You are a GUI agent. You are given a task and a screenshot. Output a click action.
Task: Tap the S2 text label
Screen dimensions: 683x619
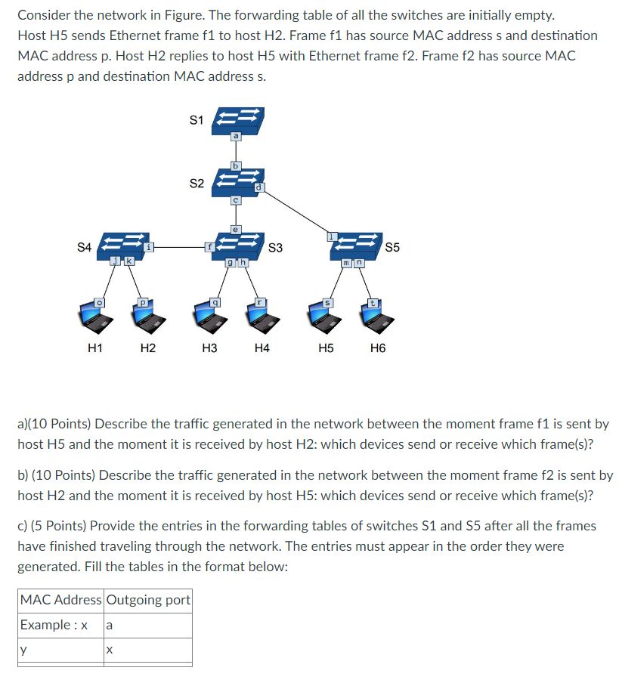pyautogui.click(x=196, y=184)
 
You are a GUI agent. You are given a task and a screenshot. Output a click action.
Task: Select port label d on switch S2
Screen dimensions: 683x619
pyautogui.click(x=258, y=187)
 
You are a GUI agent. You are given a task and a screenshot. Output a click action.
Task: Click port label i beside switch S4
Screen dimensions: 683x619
pyautogui.click(x=149, y=246)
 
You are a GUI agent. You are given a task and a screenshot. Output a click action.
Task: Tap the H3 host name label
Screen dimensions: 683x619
pyautogui.click(x=209, y=348)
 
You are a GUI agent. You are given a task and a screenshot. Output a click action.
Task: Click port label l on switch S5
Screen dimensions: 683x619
pyautogui.click(x=330, y=237)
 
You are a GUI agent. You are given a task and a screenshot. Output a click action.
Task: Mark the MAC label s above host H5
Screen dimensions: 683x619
pyautogui.click(x=327, y=302)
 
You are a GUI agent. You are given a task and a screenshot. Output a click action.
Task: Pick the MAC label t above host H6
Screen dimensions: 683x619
pyautogui.click(x=372, y=302)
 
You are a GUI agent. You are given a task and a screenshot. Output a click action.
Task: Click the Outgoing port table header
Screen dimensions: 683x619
pyautogui.click(x=149, y=600)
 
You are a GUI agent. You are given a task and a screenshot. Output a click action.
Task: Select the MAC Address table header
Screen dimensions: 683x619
pyautogui.click(x=60, y=600)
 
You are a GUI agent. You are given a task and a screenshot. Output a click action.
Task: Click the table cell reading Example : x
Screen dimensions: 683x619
pyautogui.click(x=54, y=625)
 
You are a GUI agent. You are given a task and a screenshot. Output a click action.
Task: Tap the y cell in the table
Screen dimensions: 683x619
pyautogui.click(x=23, y=650)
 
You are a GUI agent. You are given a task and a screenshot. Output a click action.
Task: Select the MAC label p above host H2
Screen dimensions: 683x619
pyautogui.click(x=141, y=302)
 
